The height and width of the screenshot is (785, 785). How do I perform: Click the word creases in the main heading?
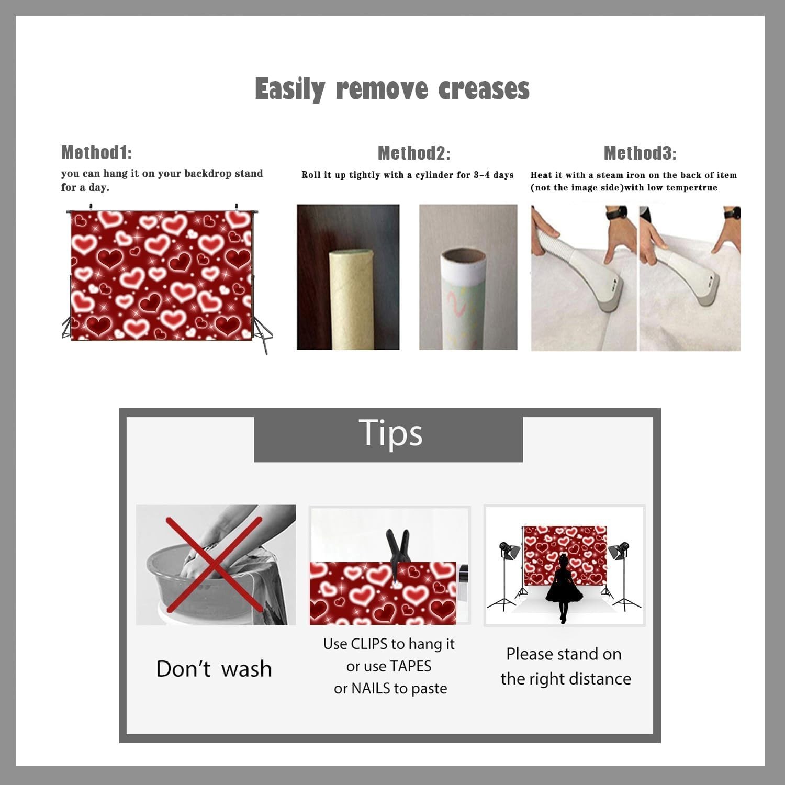tap(484, 89)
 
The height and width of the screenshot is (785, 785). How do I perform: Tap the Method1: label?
tap(96, 152)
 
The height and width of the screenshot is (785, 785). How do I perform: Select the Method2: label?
tap(414, 153)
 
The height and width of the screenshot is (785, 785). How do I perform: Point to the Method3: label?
tap(640, 153)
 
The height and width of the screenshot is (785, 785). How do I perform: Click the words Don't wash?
tap(214, 669)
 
